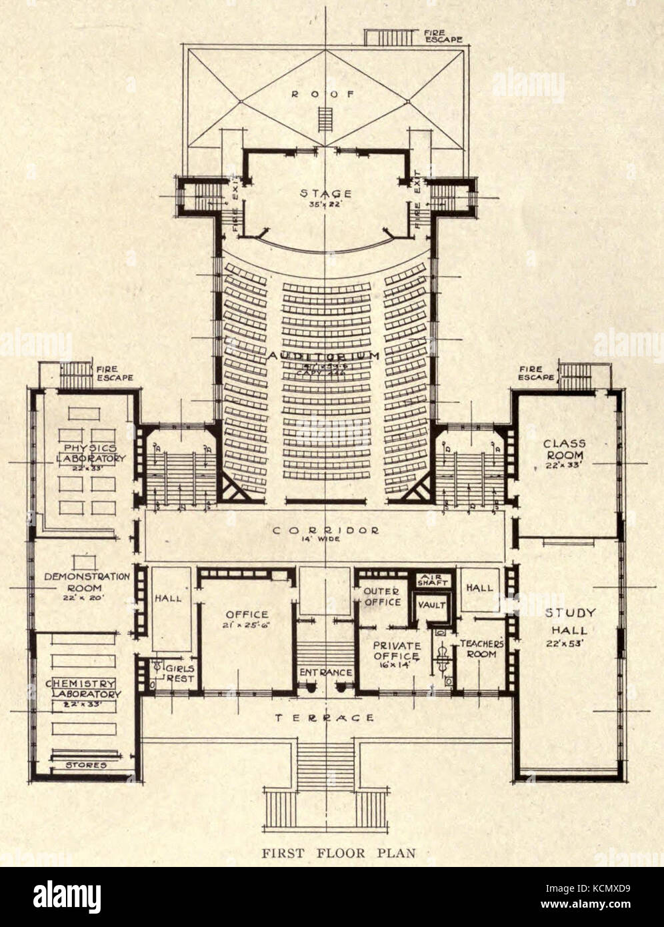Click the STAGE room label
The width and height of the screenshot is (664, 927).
coord(325,194)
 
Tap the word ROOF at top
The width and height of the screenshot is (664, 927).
coord(325,94)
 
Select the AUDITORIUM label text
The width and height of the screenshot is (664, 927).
coord(325,356)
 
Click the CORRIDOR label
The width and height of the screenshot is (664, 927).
coord(325,530)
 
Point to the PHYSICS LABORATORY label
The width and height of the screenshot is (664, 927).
coord(91,453)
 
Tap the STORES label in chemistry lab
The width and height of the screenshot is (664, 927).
coord(86,765)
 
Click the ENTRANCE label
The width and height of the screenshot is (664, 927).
coord(325,673)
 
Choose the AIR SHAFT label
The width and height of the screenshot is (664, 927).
coord(433,580)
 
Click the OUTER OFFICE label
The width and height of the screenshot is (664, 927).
coord(382,596)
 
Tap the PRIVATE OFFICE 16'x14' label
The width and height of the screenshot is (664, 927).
coord(396,651)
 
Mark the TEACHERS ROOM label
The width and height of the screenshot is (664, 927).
coord(480,650)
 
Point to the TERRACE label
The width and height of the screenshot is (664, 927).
coord(325,718)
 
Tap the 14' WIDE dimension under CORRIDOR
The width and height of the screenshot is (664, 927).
coord(325,542)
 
